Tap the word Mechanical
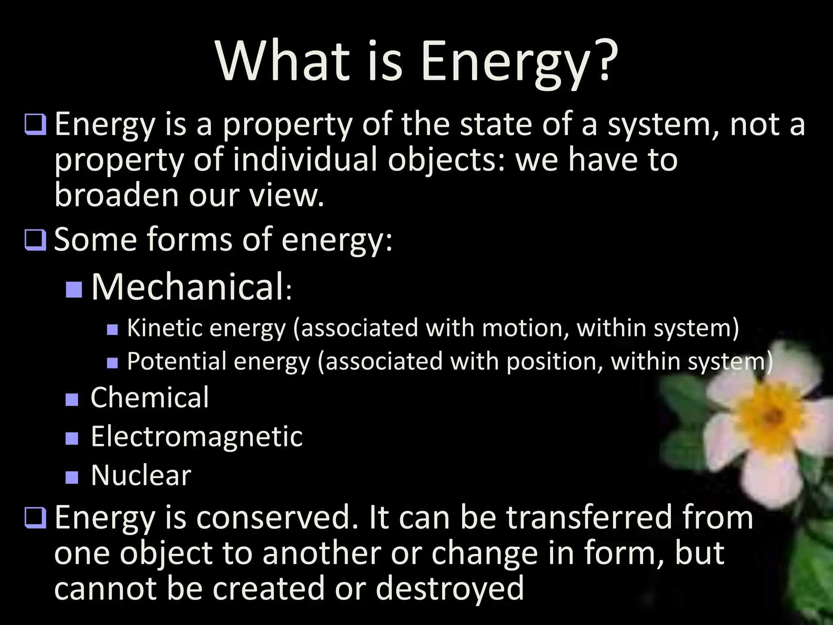click(187, 287)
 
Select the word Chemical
click(149, 398)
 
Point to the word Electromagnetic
click(196, 437)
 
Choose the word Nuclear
click(141, 475)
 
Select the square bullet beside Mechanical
click(74, 289)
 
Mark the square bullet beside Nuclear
click(72, 477)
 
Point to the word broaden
click(117, 194)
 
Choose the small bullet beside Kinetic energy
click(112, 329)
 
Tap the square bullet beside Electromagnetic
click(72, 438)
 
